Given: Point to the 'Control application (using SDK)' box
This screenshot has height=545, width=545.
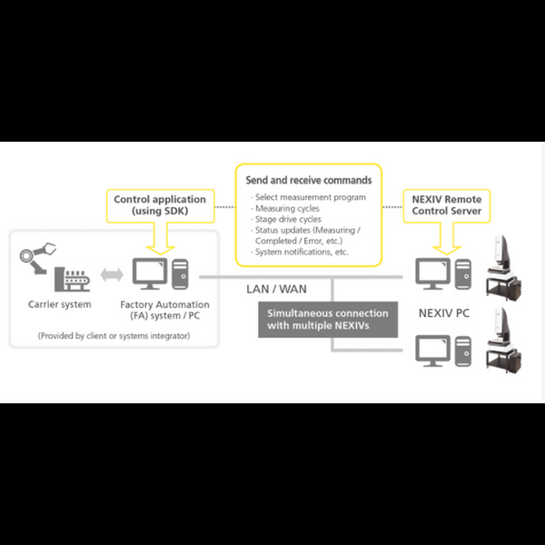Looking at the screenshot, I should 160,205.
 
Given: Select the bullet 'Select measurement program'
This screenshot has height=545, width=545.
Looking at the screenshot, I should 310,197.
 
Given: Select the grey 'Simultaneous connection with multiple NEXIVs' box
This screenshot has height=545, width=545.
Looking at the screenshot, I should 328,320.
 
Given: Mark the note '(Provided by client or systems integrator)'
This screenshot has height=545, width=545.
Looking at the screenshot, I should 114,336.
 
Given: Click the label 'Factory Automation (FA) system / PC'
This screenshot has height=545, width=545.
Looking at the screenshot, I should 164,311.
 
